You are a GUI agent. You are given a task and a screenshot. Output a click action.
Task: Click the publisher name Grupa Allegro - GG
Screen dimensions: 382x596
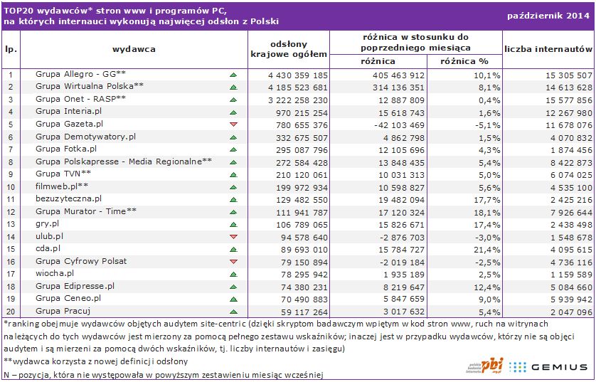point(80,74)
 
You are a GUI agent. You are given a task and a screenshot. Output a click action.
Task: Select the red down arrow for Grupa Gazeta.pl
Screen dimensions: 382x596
point(233,124)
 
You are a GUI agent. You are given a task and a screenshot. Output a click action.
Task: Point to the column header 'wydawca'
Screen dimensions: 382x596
point(134,49)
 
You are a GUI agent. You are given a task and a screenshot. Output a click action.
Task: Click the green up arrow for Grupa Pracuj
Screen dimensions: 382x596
point(233,311)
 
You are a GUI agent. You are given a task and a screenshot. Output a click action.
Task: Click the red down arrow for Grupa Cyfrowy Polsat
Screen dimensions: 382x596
point(233,261)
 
